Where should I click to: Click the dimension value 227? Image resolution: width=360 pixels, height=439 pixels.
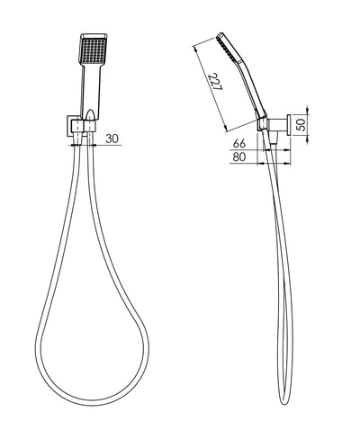[x=215, y=82]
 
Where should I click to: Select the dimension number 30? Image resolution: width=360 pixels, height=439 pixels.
[x=112, y=139]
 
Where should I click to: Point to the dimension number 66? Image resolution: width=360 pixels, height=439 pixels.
[x=239, y=144]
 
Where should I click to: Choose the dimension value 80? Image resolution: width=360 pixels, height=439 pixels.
[x=239, y=157]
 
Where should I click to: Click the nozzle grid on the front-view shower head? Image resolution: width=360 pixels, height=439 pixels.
[x=93, y=49]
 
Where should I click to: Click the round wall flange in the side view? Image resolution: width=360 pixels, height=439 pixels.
[x=289, y=126]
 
